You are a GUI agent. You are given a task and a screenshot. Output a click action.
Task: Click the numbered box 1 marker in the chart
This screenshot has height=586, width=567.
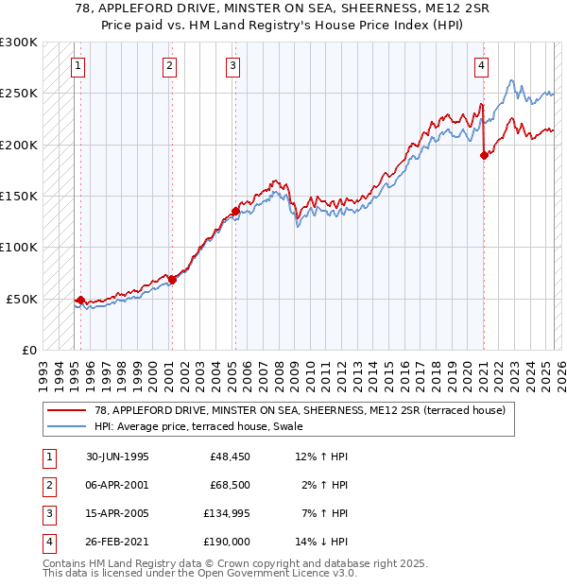(77, 65)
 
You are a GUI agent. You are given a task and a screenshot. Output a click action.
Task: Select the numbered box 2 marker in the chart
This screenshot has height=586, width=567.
(168, 65)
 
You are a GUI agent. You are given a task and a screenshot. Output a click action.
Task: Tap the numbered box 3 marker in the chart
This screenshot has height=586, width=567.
(232, 65)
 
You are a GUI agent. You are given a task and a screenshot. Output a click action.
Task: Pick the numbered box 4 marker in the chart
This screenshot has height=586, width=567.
(481, 65)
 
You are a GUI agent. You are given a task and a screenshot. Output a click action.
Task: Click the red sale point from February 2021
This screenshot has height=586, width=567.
(484, 155)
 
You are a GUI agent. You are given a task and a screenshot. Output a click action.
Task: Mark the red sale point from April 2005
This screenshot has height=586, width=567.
(235, 211)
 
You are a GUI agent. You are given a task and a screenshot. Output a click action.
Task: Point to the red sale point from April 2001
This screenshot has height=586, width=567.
(172, 279)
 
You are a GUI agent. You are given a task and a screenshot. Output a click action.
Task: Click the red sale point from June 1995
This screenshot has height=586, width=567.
(81, 300)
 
